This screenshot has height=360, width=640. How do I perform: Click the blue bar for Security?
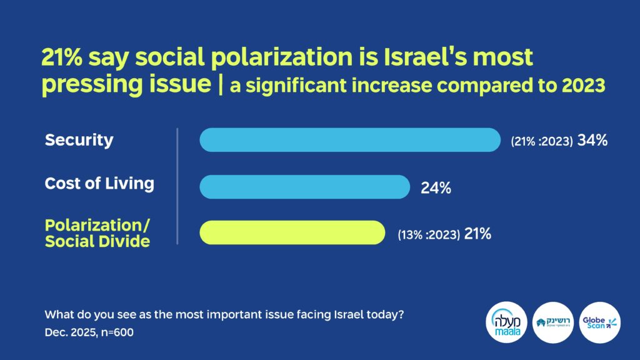tap(350, 140)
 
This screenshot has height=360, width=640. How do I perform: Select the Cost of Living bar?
tap(304, 187)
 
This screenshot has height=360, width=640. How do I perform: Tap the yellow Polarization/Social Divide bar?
tap(292, 232)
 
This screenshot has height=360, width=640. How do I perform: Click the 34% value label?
tap(592, 141)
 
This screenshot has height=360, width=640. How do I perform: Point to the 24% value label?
tap(436, 187)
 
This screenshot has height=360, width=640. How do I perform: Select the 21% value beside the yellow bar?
tap(477, 234)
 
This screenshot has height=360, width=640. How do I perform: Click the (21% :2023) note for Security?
tap(542, 141)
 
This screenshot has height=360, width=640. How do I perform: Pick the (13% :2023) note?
tap(429, 235)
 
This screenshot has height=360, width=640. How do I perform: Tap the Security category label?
tap(79, 140)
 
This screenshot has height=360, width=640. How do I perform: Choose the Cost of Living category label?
tap(99, 184)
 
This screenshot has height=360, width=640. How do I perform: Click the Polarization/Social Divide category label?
tap(97, 233)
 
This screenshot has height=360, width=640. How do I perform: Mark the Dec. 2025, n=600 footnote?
tap(89, 332)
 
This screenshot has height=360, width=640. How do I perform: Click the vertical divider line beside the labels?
tap(177, 186)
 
